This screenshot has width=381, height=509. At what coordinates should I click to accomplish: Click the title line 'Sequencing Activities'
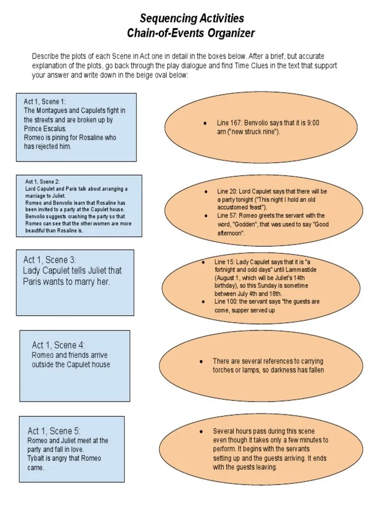coord(191,19)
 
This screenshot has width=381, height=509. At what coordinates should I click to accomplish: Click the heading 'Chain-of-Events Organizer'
coord(191,34)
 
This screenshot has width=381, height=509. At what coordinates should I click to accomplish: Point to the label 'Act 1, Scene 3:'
coord(49,260)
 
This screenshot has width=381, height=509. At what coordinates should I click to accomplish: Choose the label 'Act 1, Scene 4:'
coord(55,345)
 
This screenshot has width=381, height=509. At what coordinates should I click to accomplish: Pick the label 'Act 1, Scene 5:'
coord(54,431)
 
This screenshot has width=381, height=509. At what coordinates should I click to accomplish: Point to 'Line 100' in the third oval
coord(226,302)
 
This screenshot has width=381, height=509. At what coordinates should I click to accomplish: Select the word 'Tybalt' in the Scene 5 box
coord(37,458)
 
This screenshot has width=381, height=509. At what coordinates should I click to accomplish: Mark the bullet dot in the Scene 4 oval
coord(200,361)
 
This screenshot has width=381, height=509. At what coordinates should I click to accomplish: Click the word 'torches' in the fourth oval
coord(224,370)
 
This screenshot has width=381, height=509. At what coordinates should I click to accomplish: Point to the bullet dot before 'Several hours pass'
coord(200,431)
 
